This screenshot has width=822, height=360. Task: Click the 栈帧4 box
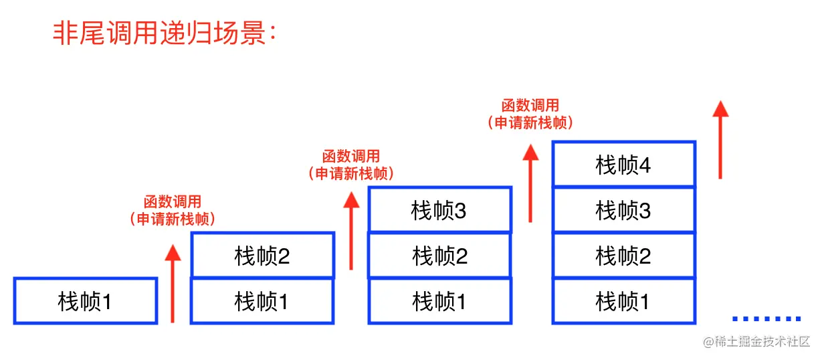(x=623, y=165)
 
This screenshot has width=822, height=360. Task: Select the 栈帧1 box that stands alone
(x=85, y=301)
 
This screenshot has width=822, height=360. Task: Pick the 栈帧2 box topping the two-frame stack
(x=262, y=256)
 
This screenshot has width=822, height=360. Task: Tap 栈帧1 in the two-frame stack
(x=262, y=301)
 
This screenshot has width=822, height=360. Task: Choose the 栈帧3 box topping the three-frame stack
(x=439, y=210)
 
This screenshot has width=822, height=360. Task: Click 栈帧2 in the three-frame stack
(x=439, y=256)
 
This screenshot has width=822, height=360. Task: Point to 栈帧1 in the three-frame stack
(x=439, y=301)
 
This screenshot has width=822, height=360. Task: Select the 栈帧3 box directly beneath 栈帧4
(x=623, y=210)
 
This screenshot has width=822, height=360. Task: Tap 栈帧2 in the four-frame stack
(x=623, y=256)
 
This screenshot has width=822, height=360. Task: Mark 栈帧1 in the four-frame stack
(x=623, y=301)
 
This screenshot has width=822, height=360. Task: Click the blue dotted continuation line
(x=766, y=319)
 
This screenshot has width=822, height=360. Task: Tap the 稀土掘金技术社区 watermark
(x=756, y=342)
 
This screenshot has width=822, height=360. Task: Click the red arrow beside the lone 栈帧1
(x=173, y=283)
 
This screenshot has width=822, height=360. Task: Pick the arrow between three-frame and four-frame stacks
(x=530, y=182)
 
